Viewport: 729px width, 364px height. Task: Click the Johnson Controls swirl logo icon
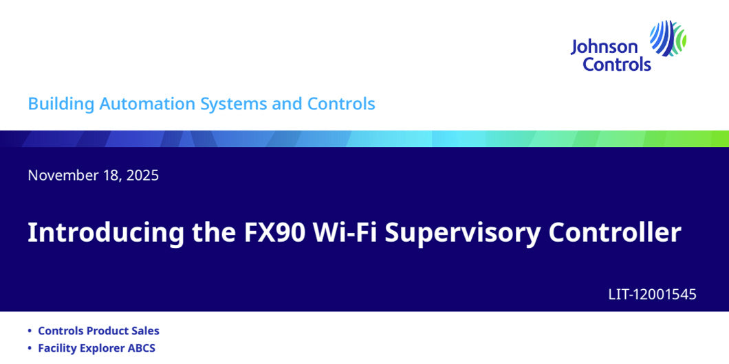tap(668, 38)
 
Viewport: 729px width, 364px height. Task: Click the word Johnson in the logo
tap(604, 47)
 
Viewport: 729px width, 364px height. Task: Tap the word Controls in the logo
tap(617, 65)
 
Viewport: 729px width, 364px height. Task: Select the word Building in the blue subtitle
tap(61, 104)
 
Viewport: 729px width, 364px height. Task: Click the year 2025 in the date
tap(142, 175)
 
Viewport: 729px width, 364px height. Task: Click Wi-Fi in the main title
tap(345, 233)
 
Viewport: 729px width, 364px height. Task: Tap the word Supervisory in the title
tap(463, 233)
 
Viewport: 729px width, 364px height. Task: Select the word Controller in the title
tap(614, 233)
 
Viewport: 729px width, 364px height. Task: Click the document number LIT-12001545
tap(652, 295)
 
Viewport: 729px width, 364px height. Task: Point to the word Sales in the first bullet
tap(145, 331)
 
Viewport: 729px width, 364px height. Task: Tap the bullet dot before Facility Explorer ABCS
tap(29, 349)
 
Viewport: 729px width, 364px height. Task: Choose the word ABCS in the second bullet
tap(140, 348)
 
